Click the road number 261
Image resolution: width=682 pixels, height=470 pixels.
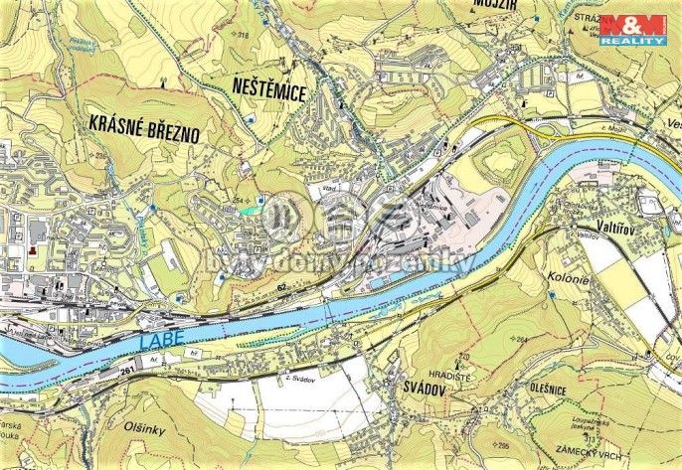pos(126,370)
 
